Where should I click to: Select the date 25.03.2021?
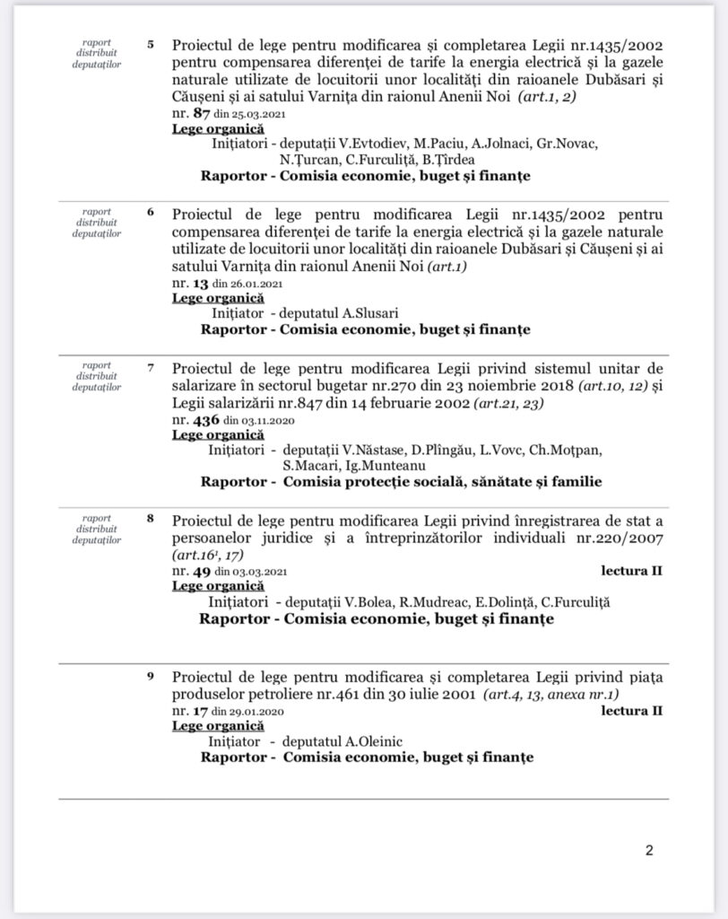click(x=247, y=115)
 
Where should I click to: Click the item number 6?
click(x=150, y=213)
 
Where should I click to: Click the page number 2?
click(x=649, y=851)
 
